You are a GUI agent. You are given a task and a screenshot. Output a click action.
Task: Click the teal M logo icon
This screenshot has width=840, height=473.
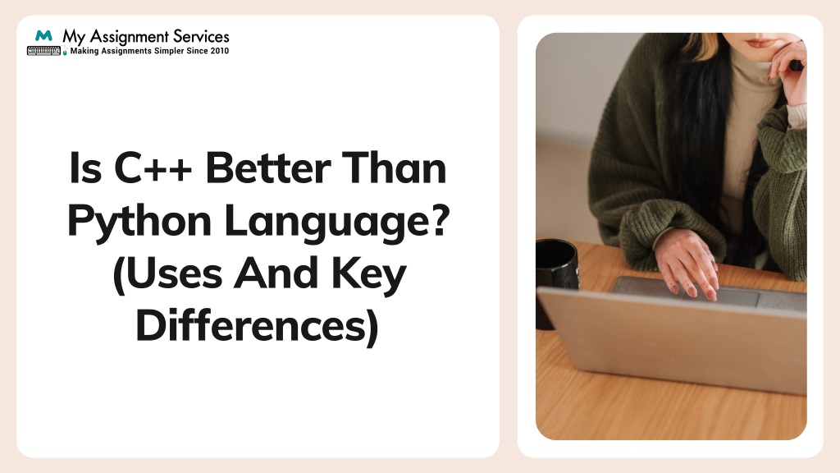coord(43,37)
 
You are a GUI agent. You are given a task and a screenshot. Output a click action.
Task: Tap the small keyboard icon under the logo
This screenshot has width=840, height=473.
coord(44,51)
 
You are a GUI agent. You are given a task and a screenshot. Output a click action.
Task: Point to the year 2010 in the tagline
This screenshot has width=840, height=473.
coord(219,51)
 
